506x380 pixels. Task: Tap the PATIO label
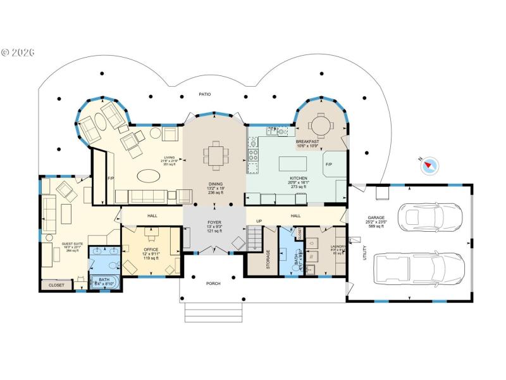[204, 94]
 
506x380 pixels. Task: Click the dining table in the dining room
[214, 154]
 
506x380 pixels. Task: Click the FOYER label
[214, 223]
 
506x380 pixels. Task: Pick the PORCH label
[214, 283]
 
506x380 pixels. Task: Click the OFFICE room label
[151, 250]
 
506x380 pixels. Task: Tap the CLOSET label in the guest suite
[56, 286]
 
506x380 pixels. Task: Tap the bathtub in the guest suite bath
[102, 282]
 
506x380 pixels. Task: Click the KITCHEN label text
[299, 179]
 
